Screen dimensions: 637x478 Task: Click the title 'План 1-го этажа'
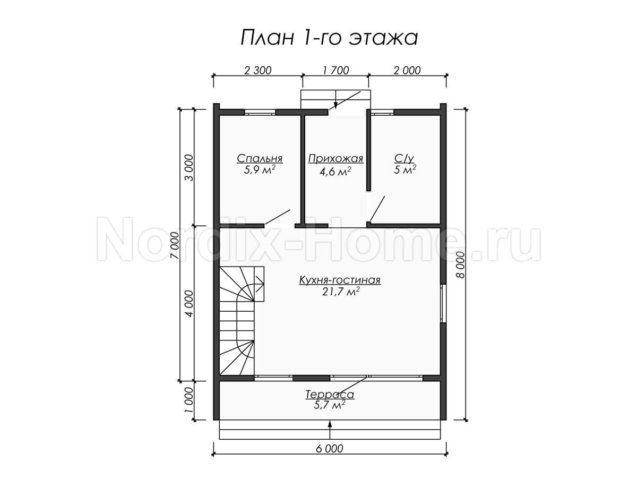[x=329, y=38]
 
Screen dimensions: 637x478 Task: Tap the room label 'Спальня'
[x=260, y=159]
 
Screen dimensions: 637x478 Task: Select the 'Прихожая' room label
[x=335, y=159]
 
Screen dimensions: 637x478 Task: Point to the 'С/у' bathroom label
[x=404, y=158]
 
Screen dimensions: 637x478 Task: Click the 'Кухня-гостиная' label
[x=340, y=280]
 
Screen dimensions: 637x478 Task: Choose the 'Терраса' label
[x=330, y=395]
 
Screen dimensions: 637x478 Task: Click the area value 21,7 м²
[x=341, y=292]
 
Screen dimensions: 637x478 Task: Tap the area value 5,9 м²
[x=260, y=170]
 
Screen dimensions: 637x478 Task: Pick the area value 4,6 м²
[x=335, y=172]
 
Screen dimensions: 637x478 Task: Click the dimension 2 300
[x=257, y=70]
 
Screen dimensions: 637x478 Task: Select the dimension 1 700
[x=336, y=70]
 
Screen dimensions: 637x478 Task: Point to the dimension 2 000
[x=407, y=70]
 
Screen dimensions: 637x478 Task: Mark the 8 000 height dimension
[x=460, y=264]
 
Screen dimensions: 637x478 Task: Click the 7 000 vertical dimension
[x=176, y=245]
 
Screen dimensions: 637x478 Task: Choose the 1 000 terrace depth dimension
[x=188, y=400]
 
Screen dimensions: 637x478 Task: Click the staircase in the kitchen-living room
[x=242, y=321]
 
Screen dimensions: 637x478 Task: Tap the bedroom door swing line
[x=277, y=217]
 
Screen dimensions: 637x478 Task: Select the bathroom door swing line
[x=377, y=209]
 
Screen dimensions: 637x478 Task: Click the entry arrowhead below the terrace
[x=330, y=424]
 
